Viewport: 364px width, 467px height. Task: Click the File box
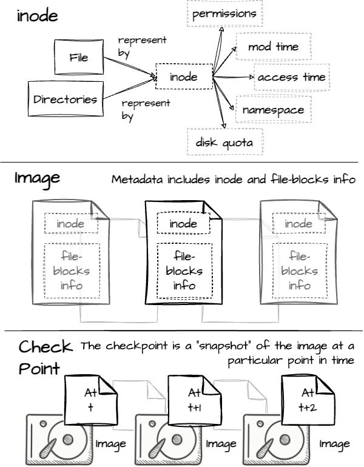point(79,57)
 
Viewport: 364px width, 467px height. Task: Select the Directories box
point(66,98)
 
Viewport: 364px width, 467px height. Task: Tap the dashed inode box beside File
point(183,76)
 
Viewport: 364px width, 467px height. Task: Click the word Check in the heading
point(45,347)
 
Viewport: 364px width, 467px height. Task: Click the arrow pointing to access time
point(234,78)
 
